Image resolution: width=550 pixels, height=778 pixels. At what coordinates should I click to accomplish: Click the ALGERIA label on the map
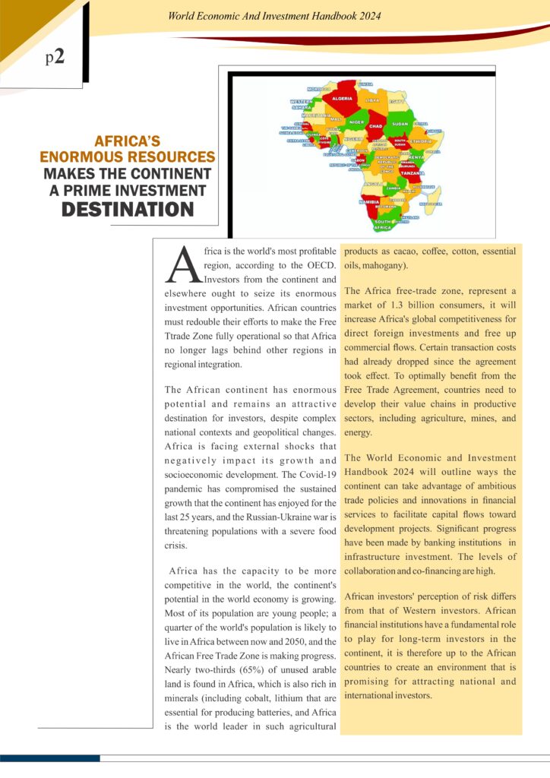(x=341, y=98)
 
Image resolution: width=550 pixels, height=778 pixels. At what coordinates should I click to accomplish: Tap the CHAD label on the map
(x=375, y=126)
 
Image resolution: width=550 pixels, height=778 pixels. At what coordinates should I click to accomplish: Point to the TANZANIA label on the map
(x=412, y=172)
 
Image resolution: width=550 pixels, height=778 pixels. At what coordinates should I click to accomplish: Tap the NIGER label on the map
(x=356, y=122)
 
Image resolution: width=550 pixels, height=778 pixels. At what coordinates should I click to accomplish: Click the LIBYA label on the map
(x=372, y=100)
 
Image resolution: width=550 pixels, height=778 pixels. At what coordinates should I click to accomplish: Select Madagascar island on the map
(x=431, y=199)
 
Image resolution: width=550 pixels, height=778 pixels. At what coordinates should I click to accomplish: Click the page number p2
(x=54, y=58)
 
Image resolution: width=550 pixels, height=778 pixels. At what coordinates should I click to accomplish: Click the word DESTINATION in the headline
(x=127, y=209)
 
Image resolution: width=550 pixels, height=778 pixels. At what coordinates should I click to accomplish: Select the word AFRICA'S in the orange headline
(x=127, y=141)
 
